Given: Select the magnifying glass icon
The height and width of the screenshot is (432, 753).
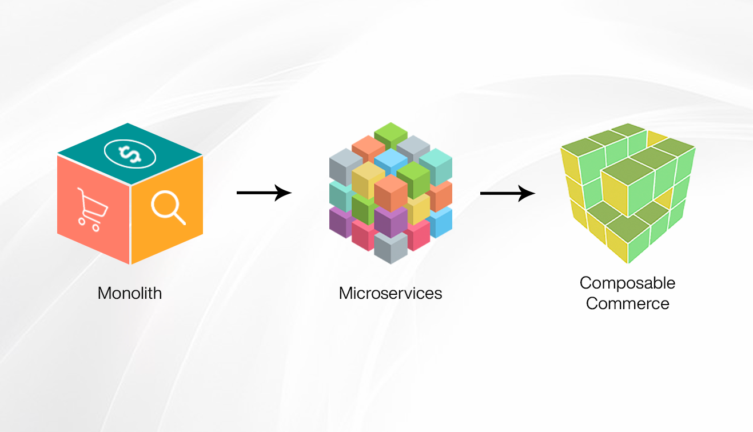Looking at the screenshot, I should pyautogui.click(x=168, y=207).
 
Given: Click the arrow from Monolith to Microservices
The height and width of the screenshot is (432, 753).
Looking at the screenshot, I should pyautogui.click(x=264, y=193).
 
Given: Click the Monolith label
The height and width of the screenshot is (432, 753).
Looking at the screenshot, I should pyautogui.click(x=130, y=294).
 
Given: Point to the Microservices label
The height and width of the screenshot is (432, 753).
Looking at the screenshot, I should pyautogui.click(x=391, y=294).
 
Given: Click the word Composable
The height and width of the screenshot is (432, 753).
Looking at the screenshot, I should pyautogui.click(x=627, y=283).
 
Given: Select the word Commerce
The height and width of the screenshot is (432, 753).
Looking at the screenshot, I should pyautogui.click(x=627, y=303).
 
